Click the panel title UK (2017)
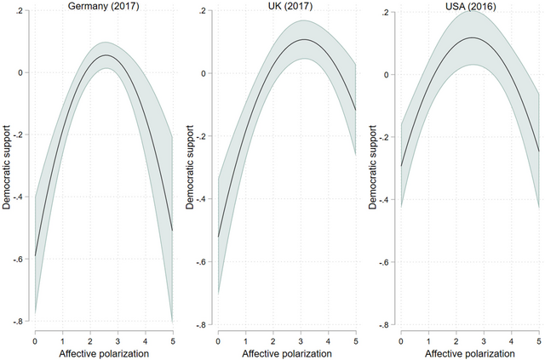(285, 6)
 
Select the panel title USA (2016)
(470, 6)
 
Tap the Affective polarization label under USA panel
(470, 352)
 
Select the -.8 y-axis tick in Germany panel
(22, 322)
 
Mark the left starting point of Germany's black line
(35, 254)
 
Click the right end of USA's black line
(539, 151)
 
